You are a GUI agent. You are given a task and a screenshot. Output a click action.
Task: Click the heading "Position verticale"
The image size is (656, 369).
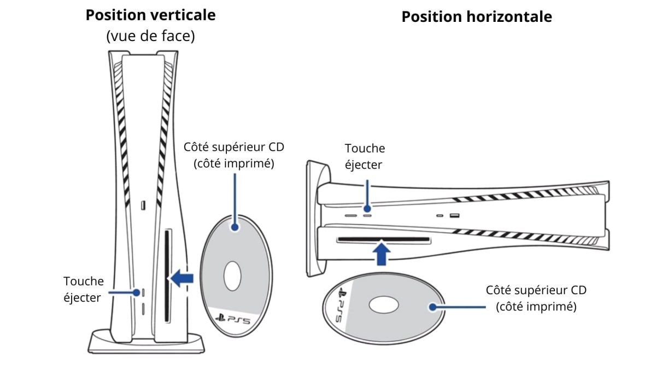150,15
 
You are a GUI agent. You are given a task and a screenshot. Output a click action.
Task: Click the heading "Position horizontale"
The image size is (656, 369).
477,16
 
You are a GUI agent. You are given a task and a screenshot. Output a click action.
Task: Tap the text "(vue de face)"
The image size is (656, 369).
150,36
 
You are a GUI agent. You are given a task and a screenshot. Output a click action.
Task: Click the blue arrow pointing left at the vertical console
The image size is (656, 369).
181,278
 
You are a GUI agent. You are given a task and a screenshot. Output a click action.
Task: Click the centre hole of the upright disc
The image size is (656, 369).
232,276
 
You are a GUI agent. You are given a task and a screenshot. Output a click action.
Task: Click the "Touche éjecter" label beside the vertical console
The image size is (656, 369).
83,289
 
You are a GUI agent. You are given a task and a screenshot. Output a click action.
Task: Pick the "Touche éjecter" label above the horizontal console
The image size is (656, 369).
365,156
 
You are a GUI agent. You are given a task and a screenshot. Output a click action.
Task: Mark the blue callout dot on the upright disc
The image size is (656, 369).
235,226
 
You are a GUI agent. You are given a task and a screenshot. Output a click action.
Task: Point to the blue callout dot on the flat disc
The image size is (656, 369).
434,307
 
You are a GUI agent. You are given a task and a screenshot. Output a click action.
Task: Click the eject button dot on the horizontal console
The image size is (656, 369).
367,208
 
